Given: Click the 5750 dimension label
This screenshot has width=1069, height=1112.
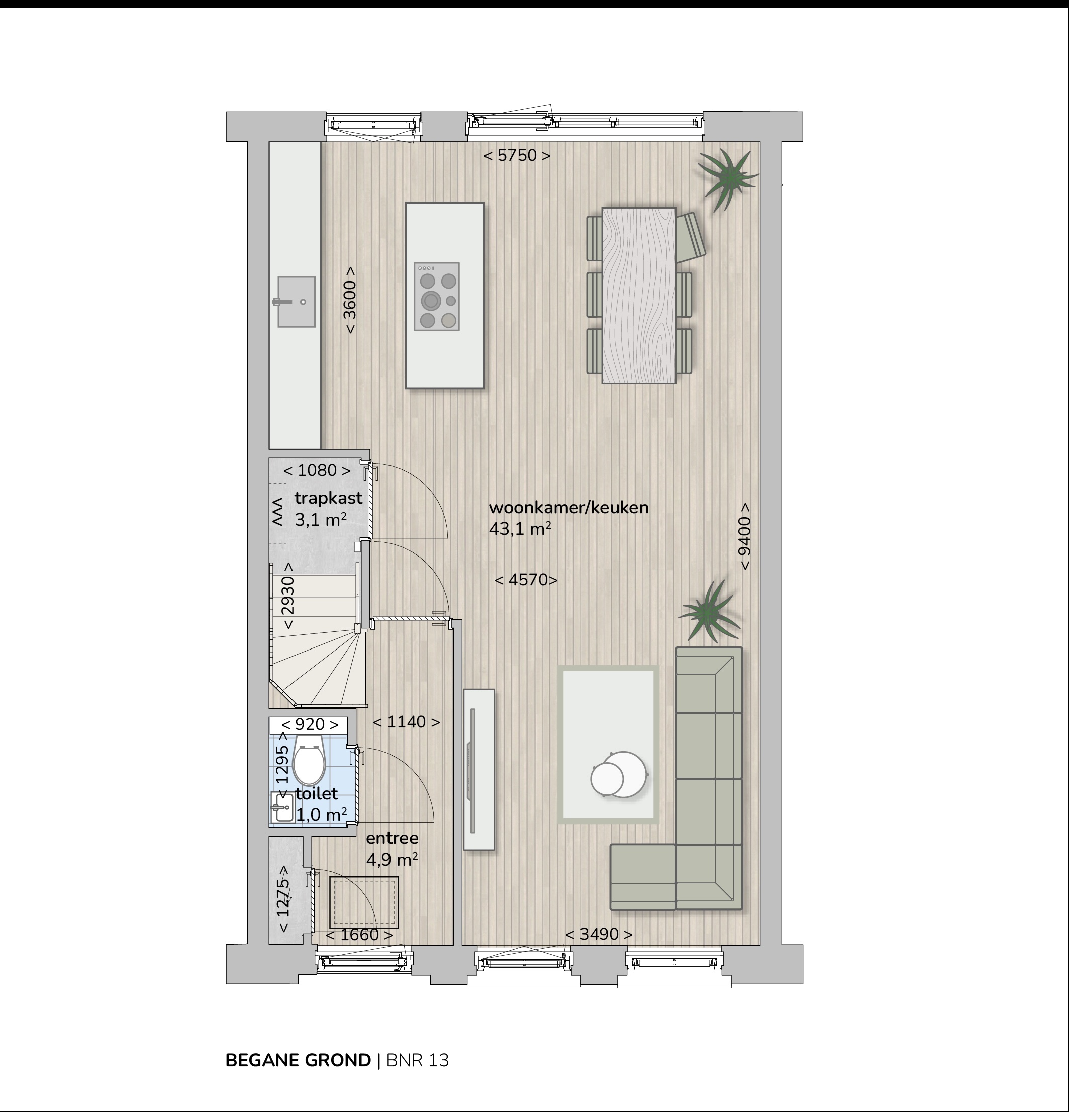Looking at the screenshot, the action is click(x=517, y=155).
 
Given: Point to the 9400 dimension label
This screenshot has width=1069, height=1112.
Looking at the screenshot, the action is click(x=745, y=536).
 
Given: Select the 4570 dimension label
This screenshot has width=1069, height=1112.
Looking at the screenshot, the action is click(x=526, y=579).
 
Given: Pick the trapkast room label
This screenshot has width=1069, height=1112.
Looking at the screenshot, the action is click(x=328, y=498).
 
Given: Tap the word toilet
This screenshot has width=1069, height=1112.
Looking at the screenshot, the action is click(x=317, y=793).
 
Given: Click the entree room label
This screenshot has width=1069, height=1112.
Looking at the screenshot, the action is click(x=393, y=838).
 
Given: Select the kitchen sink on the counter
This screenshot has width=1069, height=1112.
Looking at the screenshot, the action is click(x=296, y=302).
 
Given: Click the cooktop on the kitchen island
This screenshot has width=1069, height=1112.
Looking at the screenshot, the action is click(x=437, y=297).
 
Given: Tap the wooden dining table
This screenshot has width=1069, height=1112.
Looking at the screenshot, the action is click(x=639, y=296).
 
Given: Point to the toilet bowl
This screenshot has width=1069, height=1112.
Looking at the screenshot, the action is click(x=309, y=759).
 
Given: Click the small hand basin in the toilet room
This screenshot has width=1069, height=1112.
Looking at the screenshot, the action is click(x=282, y=807).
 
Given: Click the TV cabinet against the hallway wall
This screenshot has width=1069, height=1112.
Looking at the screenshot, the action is click(x=479, y=769).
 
